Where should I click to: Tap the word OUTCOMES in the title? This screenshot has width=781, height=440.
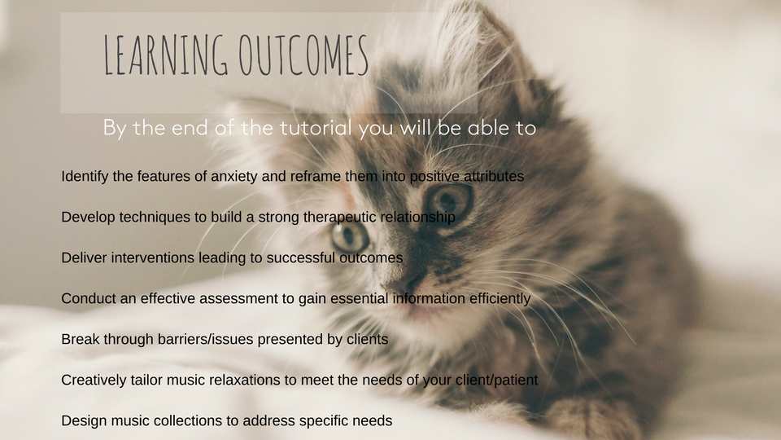coord(303,55)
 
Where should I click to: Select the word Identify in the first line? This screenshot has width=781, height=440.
coord(85,177)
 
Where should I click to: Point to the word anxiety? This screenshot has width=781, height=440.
coord(234,177)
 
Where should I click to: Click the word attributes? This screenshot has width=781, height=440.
coord(494,176)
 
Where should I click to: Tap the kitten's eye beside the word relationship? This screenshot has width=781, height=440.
coord(350,235)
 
